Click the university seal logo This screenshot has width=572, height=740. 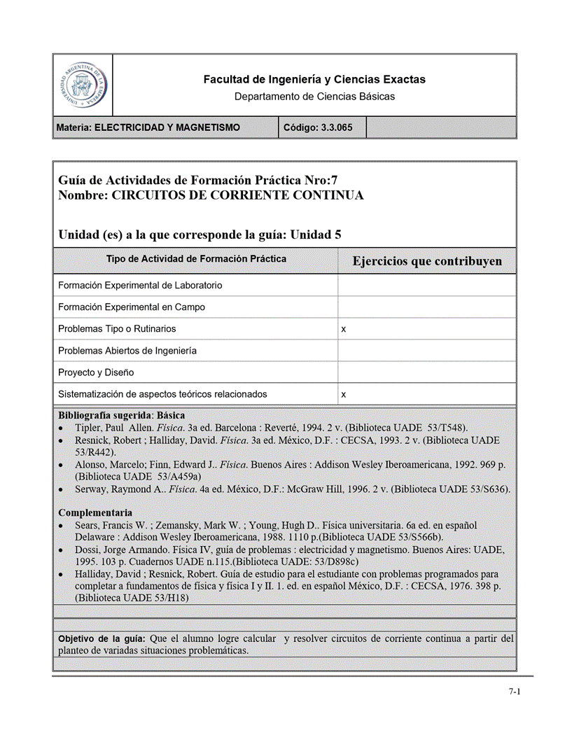[83, 85]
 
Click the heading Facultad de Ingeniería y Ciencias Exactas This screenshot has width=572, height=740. [314, 80]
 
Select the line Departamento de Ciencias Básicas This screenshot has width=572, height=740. [314, 97]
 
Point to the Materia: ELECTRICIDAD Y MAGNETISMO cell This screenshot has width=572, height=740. [149, 127]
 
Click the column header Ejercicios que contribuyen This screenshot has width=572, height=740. [427, 261]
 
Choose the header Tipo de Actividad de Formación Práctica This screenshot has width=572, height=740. [196, 259]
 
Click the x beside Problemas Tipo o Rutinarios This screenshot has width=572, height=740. [343, 329]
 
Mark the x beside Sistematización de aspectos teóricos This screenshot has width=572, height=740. [343, 395]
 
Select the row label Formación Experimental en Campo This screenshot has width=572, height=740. [132, 307]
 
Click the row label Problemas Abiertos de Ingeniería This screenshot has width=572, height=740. [127, 351]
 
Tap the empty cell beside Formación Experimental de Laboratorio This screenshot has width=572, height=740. [427, 286]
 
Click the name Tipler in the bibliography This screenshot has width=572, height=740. [89, 428]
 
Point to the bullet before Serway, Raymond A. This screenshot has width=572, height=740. [62, 489]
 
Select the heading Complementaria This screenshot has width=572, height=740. [95, 512]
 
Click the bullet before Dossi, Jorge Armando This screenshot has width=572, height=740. [62, 550]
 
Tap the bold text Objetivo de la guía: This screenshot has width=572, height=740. [102, 638]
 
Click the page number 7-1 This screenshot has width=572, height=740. [515, 692]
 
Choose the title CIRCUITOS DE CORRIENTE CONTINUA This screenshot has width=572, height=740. [237, 195]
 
